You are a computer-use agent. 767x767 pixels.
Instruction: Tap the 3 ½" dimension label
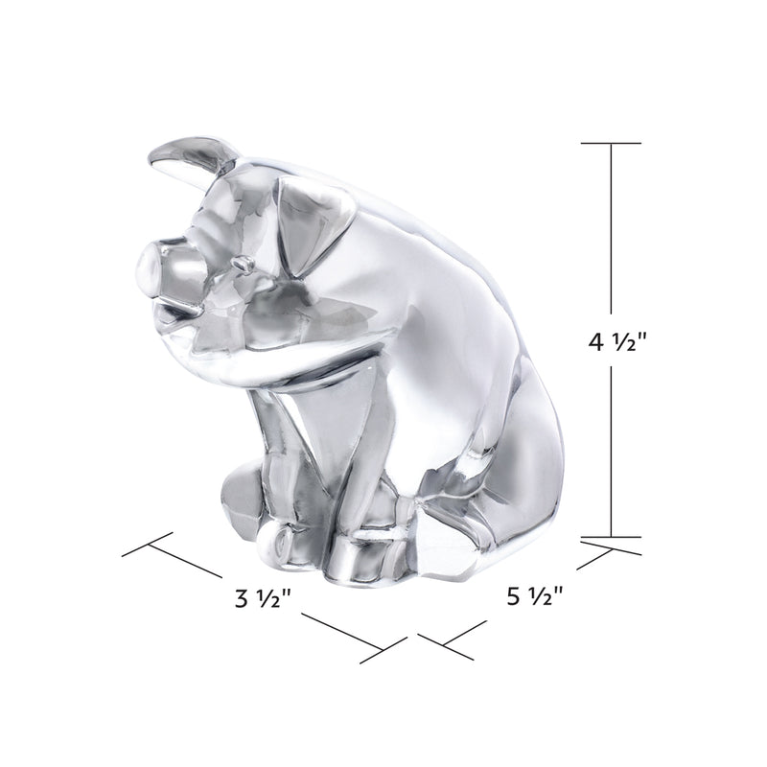click(x=262, y=601)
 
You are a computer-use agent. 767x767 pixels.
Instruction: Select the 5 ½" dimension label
click(x=533, y=599)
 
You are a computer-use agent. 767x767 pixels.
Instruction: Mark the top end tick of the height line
click(x=611, y=143)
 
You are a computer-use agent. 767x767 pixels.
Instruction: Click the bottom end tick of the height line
click(x=611, y=538)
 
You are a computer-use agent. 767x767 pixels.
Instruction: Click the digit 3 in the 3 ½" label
click(x=240, y=601)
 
